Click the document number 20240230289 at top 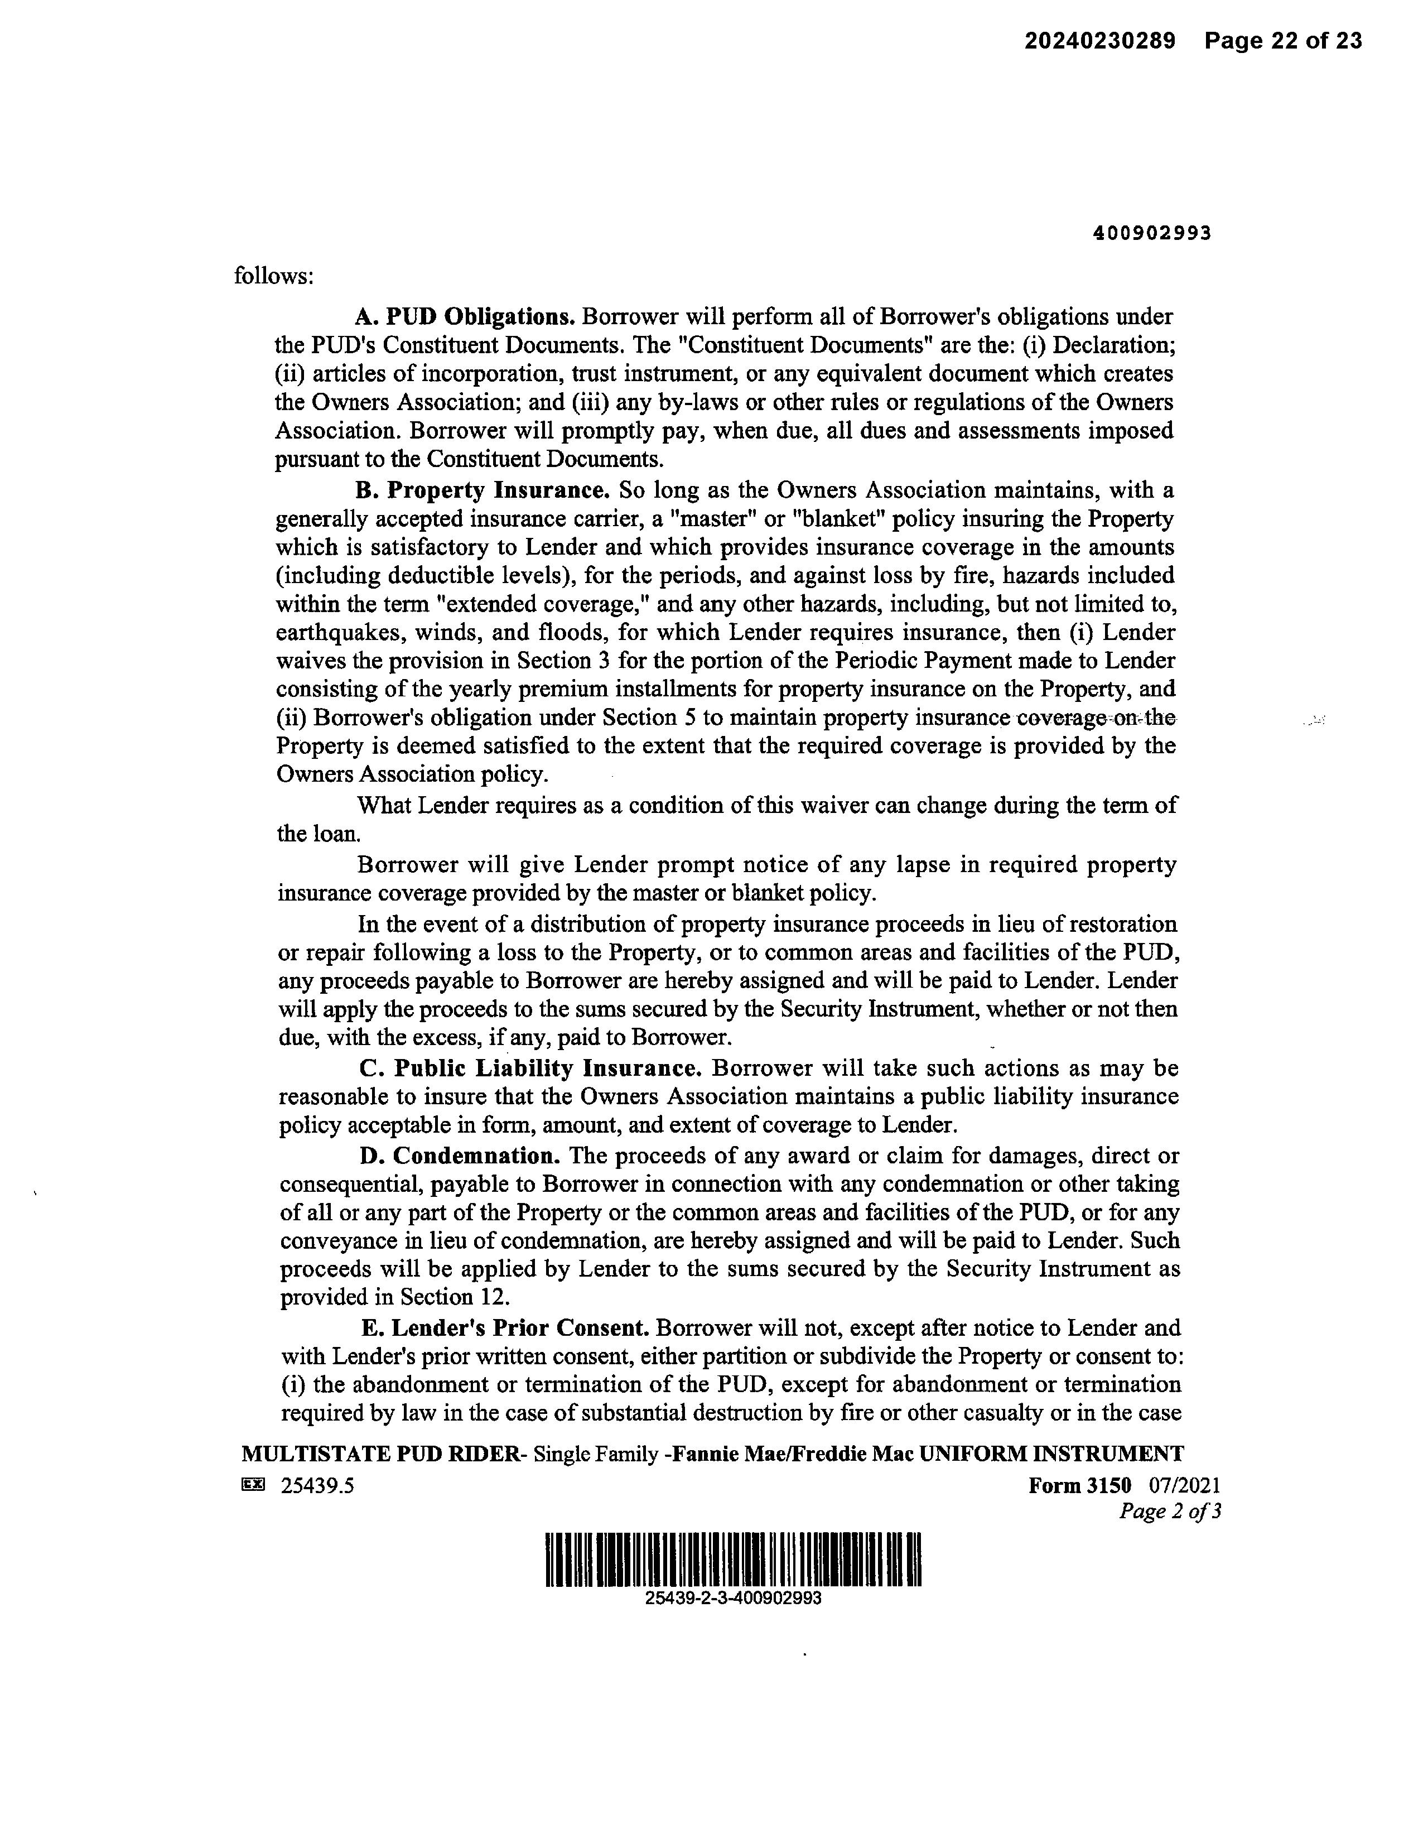click(1100, 41)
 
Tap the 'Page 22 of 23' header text click(1284, 41)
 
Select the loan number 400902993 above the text click(1152, 234)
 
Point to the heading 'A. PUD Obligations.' click(465, 316)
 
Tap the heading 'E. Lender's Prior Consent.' click(505, 1327)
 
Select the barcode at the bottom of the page click(732, 1560)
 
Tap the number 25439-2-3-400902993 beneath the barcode click(732, 1599)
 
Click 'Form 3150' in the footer click(1079, 1485)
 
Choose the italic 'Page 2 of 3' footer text click(1169, 1511)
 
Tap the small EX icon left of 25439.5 click(253, 1484)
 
